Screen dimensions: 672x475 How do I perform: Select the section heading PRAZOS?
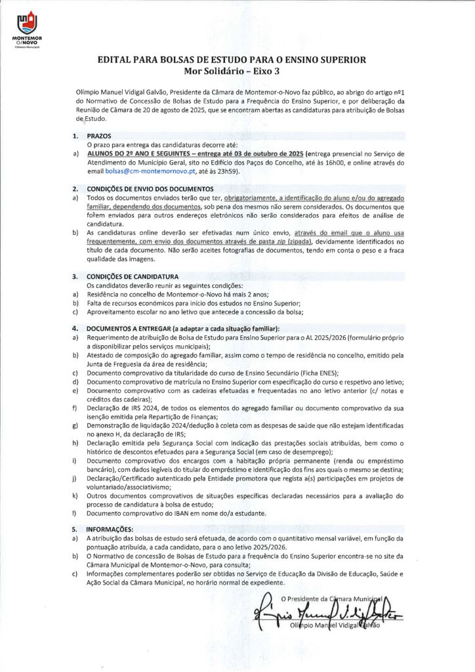tap(99, 135)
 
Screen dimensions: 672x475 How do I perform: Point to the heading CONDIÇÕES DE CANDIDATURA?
tap(132, 276)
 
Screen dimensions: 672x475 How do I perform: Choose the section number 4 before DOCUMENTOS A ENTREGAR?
tap(75, 327)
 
